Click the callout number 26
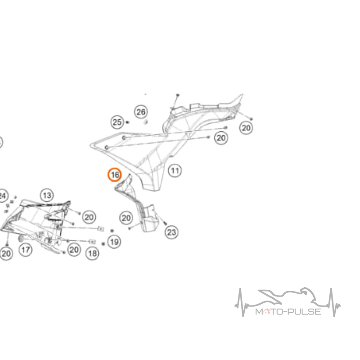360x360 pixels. point(141,112)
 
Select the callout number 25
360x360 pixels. point(117,122)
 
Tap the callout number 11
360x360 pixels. point(175,171)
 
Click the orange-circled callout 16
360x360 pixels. point(115,175)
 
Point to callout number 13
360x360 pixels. point(47,195)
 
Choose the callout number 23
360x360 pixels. point(171,232)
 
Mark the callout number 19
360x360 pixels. point(114,242)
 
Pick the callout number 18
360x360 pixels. point(92,253)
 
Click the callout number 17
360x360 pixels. point(26,250)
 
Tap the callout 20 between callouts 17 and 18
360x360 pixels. point(74,250)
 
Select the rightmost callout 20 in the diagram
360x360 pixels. point(246,128)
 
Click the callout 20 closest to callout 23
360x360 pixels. point(126,218)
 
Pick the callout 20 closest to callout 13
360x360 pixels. point(89,217)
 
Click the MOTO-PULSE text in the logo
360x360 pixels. point(288,311)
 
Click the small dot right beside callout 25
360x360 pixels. point(128,122)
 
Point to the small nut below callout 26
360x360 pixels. point(145,122)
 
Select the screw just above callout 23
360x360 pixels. point(165,222)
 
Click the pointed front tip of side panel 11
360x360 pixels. point(90,145)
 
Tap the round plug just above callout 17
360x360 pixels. point(21,238)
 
